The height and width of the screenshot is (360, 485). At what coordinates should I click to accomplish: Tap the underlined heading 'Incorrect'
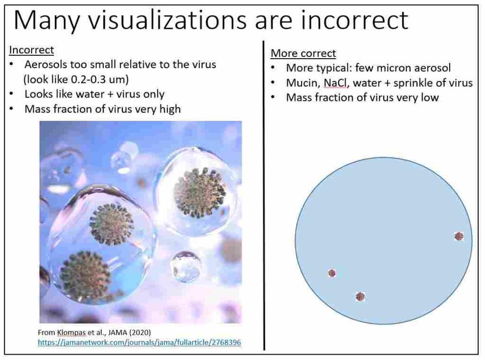32,50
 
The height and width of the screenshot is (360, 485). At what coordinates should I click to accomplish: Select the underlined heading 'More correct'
303,53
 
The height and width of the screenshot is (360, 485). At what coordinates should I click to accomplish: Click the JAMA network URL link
139,343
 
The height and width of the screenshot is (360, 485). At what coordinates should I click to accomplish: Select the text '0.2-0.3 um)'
100,79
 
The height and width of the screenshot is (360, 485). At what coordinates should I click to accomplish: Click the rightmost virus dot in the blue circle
459,236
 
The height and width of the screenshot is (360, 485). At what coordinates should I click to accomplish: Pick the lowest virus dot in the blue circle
360,296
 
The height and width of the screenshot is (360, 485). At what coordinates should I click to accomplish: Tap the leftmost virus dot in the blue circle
332,273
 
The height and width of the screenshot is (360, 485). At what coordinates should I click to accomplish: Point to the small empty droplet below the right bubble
186,266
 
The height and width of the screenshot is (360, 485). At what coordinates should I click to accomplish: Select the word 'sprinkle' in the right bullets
412,83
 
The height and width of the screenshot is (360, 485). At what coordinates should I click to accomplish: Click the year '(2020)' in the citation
140,332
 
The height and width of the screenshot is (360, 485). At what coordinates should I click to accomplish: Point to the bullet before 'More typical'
273,68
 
